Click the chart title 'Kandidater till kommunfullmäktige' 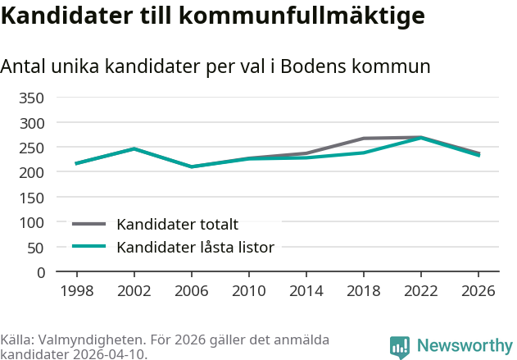212,16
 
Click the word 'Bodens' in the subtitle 314,66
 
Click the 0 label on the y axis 40,272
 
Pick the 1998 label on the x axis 76,291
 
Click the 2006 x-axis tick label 191,291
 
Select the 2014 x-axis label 306,291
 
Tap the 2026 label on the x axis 478,291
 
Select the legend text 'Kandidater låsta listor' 195,247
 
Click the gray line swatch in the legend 89,224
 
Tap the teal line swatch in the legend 89,246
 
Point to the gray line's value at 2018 363,139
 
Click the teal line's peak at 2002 134,148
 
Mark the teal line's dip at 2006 191,166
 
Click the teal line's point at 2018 363,153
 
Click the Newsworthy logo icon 400,347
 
